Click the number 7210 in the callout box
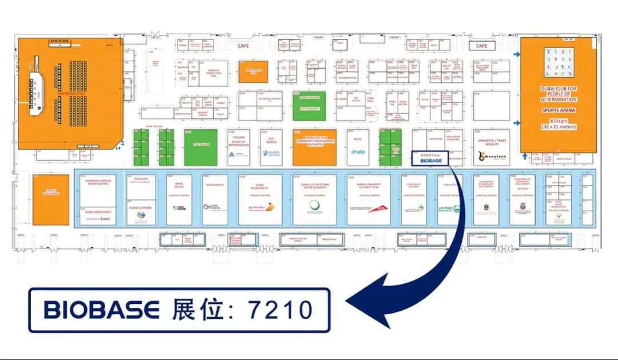tap(280, 310)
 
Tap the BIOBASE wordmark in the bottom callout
tap(101, 310)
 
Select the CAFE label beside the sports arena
tap(482, 45)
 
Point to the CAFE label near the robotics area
tap(243, 46)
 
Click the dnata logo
tap(358, 152)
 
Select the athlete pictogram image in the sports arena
tap(558, 62)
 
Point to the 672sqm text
tap(558, 121)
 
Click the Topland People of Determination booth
tap(239, 147)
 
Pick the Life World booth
tap(271, 147)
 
